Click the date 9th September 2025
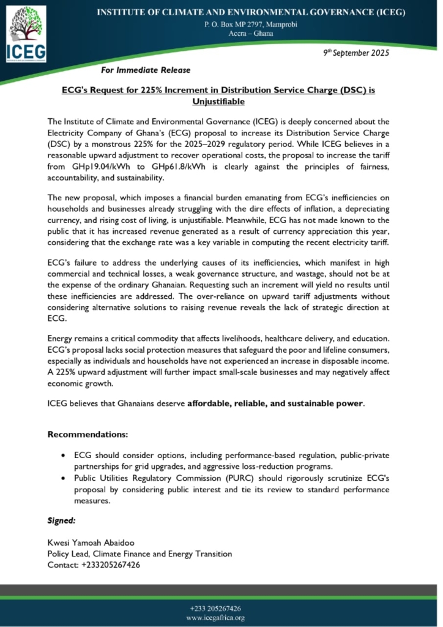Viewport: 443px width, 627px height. [x=356, y=53]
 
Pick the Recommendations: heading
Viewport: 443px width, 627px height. [x=87, y=434]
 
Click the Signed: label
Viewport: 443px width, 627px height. [x=61, y=520]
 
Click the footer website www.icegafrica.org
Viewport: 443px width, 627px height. [x=221, y=618]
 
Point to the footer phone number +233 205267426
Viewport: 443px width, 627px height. [x=221, y=609]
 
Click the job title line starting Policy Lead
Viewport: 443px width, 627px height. [x=140, y=554]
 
